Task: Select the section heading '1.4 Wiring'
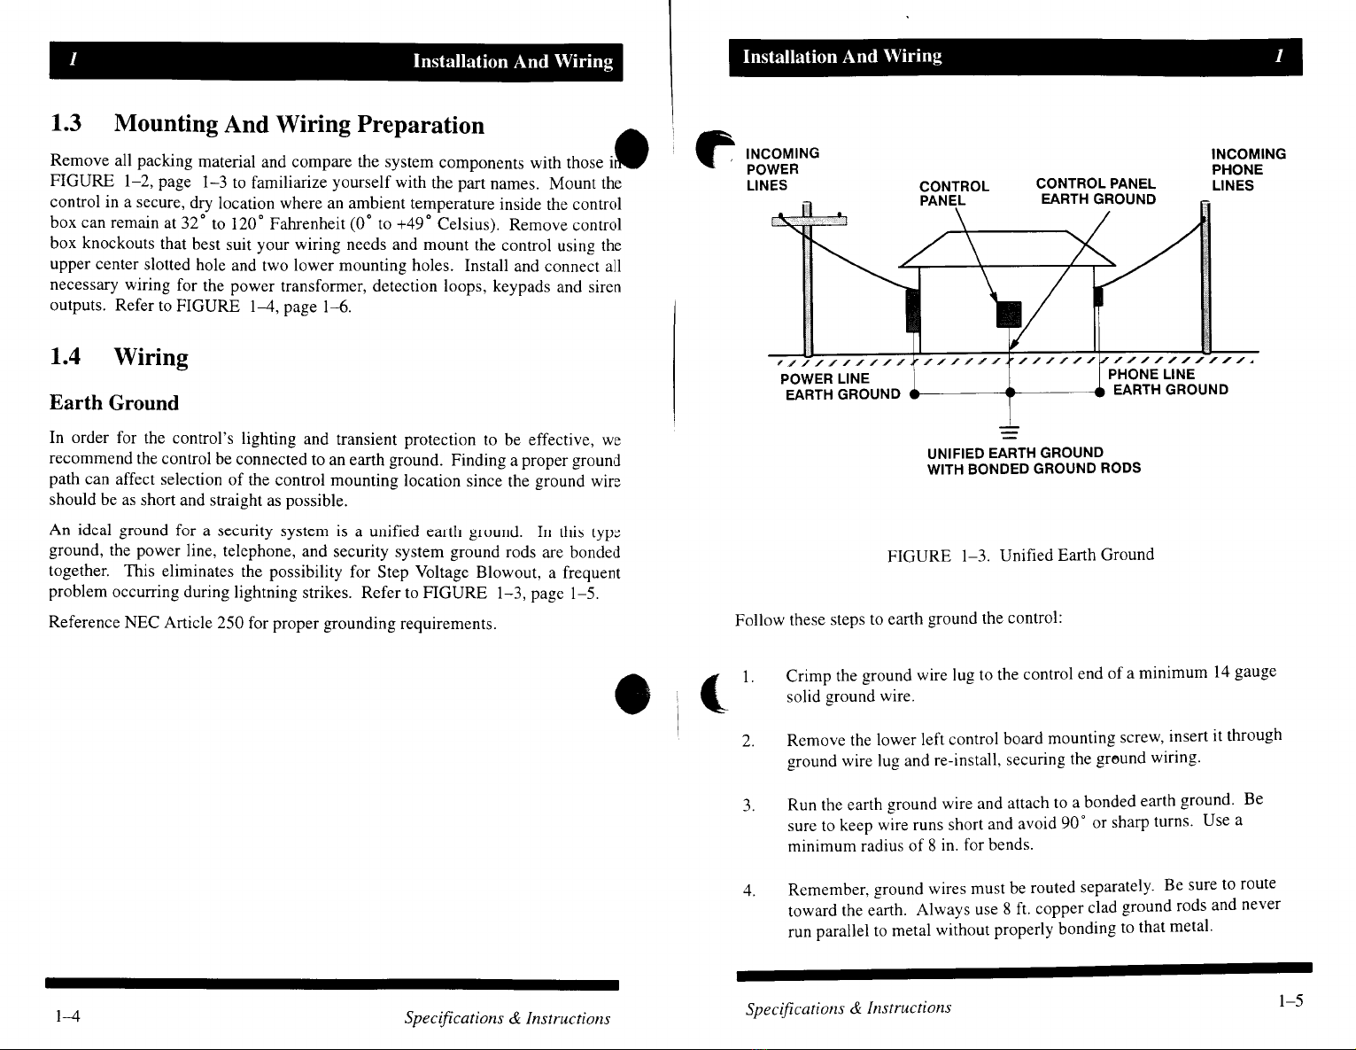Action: click(119, 357)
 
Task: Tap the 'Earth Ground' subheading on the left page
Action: click(114, 403)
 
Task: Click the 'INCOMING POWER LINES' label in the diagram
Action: click(782, 169)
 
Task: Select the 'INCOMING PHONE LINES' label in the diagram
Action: click(1248, 169)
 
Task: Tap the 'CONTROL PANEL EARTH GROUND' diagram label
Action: click(1096, 191)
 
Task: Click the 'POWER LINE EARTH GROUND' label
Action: click(841, 386)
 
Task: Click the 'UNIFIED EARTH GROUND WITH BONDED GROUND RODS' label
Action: click(1033, 460)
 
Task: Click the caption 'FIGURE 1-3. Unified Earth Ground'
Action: click(1020, 556)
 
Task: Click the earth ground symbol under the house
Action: click(1009, 432)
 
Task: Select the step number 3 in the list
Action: click(748, 805)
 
